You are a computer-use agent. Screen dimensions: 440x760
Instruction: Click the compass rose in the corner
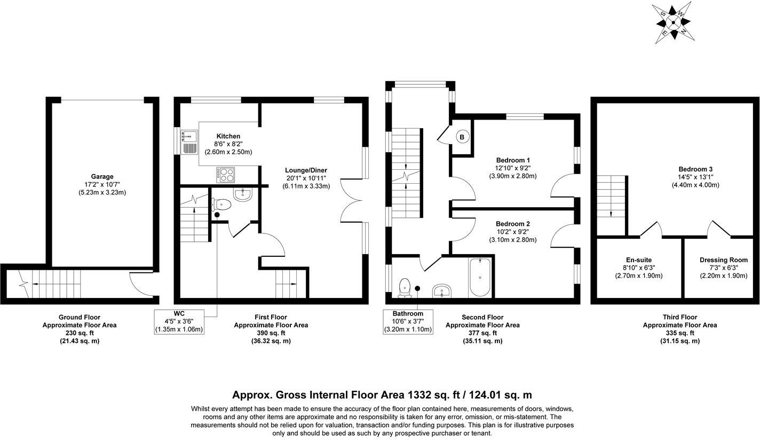click(x=674, y=23)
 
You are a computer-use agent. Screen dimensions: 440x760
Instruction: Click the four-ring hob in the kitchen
click(x=225, y=174)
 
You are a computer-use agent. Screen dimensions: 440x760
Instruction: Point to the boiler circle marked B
click(x=462, y=137)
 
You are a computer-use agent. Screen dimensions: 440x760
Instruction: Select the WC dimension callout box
click(x=179, y=321)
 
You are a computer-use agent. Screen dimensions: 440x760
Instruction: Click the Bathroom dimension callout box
click(x=408, y=321)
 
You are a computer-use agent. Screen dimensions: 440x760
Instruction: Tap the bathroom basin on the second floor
click(x=442, y=291)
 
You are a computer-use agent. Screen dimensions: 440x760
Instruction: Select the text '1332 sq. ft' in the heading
click(x=438, y=395)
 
